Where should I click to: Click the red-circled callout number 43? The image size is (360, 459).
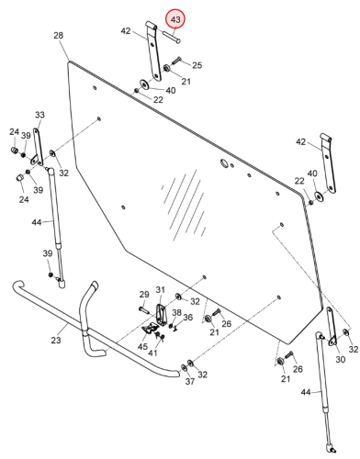click(x=175, y=20)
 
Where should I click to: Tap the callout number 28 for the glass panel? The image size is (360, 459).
click(x=59, y=36)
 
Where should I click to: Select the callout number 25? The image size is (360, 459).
click(x=197, y=65)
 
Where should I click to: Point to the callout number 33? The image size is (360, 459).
click(x=39, y=115)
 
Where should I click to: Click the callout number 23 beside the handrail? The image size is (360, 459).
click(x=56, y=340)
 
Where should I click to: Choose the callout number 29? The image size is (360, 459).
click(x=144, y=295)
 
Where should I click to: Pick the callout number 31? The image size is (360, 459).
click(x=161, y=289)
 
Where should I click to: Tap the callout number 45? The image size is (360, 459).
click(x=142, y=347)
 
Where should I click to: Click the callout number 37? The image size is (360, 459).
click(x=190, y=381)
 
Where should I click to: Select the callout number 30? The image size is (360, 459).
click(x=341, y=359)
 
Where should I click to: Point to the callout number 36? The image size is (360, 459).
click(x=188, y=318)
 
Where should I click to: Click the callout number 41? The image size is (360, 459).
click(x=152, y=353)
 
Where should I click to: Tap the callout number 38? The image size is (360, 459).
click(x=176, y=312)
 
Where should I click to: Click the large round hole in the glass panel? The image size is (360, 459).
click(x=225, y=163)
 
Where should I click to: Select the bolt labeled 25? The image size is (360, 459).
click(x=176, y=60)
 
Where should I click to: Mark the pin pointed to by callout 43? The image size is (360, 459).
click(x=172, y=36)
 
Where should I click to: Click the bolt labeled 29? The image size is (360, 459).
click(x=144, y=310)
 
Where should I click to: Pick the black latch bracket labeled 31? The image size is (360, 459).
click(x=162, y=315)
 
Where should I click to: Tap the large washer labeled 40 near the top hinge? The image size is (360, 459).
click(x=144, y=84)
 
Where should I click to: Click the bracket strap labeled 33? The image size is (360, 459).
click(x=38, y=148)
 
